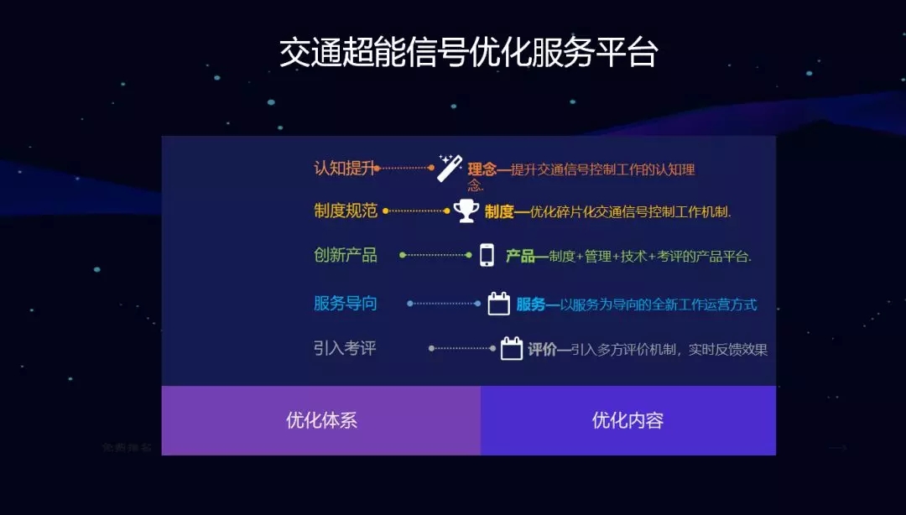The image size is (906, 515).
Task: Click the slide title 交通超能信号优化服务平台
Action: tap(469, 53)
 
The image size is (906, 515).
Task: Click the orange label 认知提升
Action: tap(345, 169)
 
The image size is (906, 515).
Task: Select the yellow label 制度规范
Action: tap(346, 211)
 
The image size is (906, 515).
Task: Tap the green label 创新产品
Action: tap(346, 255)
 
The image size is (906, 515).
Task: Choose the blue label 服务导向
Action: tap(346, 303)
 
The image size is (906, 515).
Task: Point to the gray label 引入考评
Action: tap(345, 348)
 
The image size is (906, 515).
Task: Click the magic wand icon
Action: tap(450, 168)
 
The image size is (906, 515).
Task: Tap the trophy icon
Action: tap(466, 211)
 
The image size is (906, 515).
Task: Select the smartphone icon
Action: tap(487, 255)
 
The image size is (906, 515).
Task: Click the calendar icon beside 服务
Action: tap(498, 304)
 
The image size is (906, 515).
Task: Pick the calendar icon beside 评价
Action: tap(512, 349)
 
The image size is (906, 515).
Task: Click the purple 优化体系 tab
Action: tap(321, 420)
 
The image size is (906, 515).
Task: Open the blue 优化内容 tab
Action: tap(628, 420)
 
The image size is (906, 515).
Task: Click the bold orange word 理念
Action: tap(482, 169)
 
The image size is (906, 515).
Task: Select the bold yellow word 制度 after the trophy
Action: tap(499, 212)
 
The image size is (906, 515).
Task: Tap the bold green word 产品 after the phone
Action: tap(520, 256)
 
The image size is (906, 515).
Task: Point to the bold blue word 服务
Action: tap(531, 304)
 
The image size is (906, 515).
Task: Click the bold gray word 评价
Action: tap(542, 350)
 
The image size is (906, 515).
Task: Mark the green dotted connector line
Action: tap(435, 255)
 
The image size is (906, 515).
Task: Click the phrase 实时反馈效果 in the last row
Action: tap(728, 350)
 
